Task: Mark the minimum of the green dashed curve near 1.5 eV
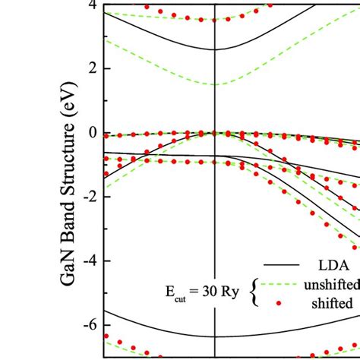(x=216, y=84)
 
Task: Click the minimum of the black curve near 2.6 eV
(x=216, y=49)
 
